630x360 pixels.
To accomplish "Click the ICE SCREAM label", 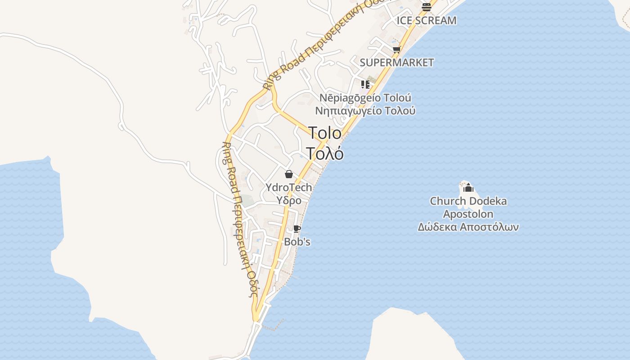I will coord(426,21).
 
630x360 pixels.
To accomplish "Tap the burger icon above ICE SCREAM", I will coord(426,7).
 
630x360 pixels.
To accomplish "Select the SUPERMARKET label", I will coord(396,63).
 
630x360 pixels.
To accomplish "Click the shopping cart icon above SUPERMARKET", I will coord(396,49).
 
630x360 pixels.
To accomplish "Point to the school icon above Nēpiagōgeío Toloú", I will coord(365,84).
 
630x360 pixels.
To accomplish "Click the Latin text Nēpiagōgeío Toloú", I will coord(365,98).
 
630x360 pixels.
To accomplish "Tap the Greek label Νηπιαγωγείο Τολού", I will coord(365,111).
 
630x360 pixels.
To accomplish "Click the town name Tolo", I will coord(325,133).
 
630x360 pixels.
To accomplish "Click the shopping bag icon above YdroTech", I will coord(289,174).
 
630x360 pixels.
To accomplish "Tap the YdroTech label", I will coord(288,187).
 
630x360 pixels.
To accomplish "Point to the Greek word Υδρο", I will coord(288,200).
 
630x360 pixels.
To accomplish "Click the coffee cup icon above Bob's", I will coord(297,229).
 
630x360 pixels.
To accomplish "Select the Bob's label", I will coord(297,242).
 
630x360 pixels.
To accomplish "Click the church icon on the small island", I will coord(468,188).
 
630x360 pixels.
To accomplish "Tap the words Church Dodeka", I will coord(468,201).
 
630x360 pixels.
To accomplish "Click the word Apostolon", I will coord(468,214).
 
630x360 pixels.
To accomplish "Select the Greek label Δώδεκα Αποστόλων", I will coord(468,227).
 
